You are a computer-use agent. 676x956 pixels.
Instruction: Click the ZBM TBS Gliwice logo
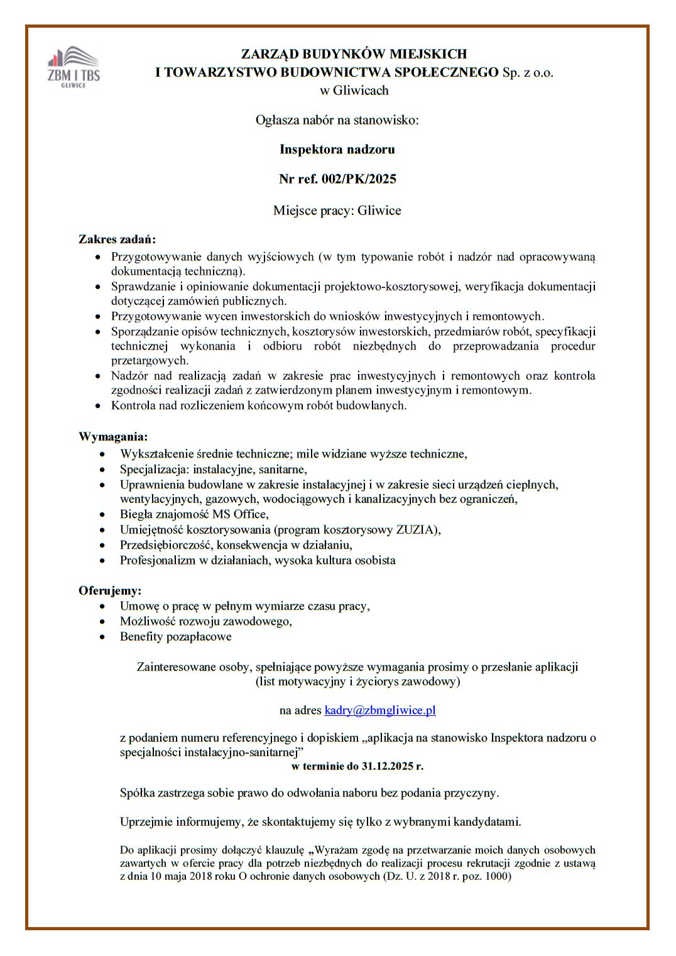74,67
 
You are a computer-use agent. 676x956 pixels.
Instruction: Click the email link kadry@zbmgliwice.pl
379,710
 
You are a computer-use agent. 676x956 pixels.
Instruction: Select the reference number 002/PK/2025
359,179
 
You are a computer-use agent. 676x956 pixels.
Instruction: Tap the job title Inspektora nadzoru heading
337,150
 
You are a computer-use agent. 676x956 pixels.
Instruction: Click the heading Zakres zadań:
117,239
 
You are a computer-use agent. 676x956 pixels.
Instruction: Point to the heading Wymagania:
113,437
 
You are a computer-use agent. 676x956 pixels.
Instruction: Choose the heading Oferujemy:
110,591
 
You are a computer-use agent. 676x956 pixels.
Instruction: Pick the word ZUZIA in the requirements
416,530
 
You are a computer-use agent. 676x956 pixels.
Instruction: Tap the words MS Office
240,515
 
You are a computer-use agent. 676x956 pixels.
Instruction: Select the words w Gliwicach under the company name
354,91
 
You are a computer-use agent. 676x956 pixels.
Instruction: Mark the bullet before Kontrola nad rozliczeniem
97,406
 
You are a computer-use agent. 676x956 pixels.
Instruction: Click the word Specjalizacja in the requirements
154,470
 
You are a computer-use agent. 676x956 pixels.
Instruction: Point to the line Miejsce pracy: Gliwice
337,211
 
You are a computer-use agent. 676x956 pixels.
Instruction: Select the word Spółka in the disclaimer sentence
138,793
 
